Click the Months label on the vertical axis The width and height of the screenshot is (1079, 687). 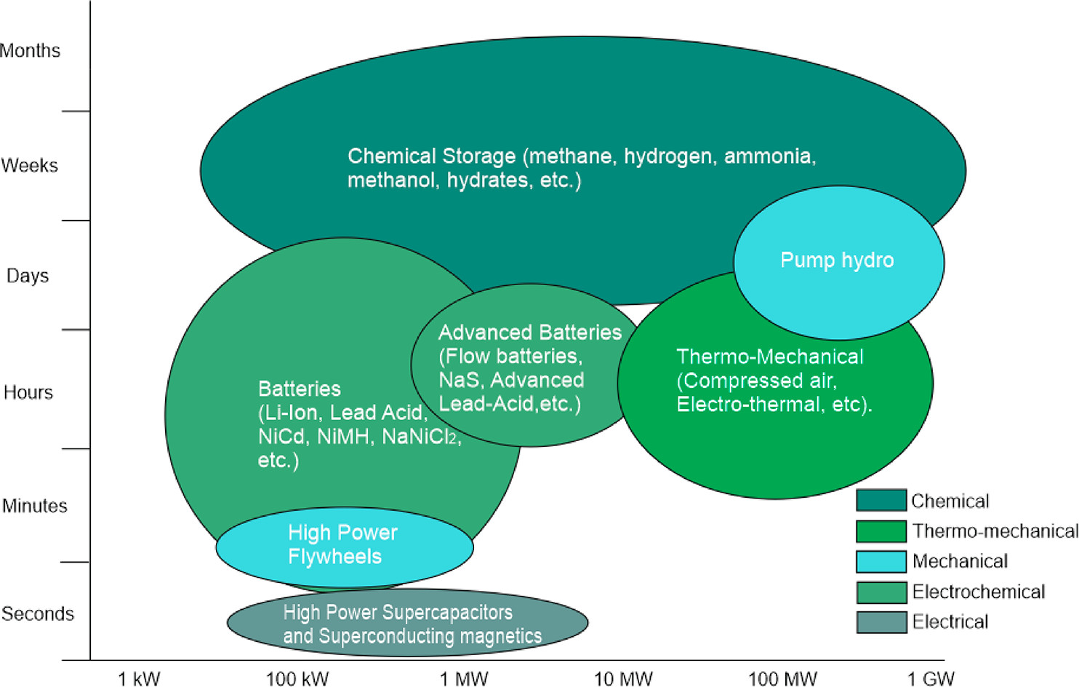(x=30, y=51)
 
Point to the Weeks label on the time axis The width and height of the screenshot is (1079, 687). (x=30, y=166)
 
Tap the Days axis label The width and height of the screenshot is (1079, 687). (x=28, y=277)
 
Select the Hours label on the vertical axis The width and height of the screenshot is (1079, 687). (x=28, y=393)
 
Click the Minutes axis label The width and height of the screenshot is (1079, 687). (x=34, y=507)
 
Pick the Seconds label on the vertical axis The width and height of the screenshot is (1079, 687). (x=38, y=614)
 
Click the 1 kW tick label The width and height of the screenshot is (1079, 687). (x=139, y=679)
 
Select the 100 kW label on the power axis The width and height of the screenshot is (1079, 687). (x=297, y=679)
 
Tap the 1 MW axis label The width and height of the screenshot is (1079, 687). (x=464, y=679)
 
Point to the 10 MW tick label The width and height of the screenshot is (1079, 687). (x=623, y=679)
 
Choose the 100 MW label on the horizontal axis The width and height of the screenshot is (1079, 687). (x=782, y=679)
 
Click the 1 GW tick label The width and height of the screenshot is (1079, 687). (x=931, y=679)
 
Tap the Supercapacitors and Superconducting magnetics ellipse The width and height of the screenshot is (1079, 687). (x=407, y=624)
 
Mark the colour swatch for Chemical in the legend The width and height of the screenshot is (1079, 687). (x=881, y=501)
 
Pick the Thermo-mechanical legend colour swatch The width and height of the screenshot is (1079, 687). (x=881, y=531)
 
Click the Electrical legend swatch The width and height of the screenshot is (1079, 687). (x=881, y=622)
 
